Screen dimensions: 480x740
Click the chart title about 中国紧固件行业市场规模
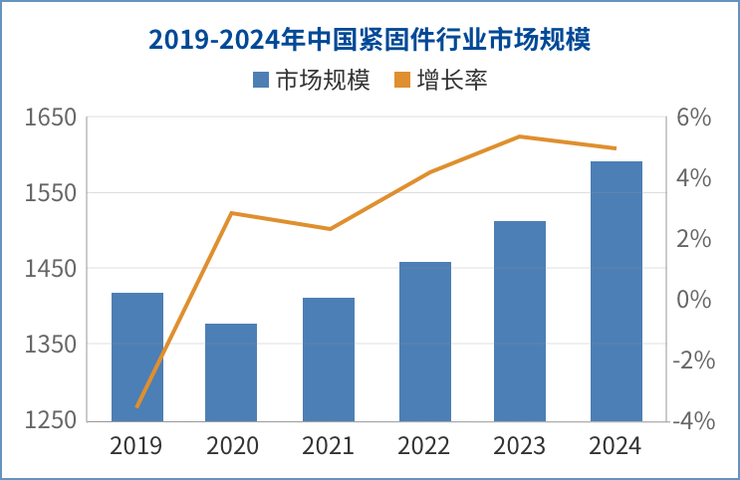click(x=370, y=40)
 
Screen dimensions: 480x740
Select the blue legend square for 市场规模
click(x=261, y=80)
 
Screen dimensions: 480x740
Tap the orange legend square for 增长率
click(x=404, y=80)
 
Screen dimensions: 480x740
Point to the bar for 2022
click(x=425, y=341)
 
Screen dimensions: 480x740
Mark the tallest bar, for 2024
click(x=617, y=290)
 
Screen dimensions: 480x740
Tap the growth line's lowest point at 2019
click(x=137, y=406)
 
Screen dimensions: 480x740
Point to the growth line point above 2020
click(x=231, y=213)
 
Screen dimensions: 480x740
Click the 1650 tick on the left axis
click(x=51, y=118)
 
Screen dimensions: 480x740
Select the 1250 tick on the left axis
click(x=51, y=420)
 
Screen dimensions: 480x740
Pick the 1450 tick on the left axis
click(x=51, y=269)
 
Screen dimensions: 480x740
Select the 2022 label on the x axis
click(x=424, y=445)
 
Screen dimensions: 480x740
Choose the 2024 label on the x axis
click(x=617, y=445)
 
